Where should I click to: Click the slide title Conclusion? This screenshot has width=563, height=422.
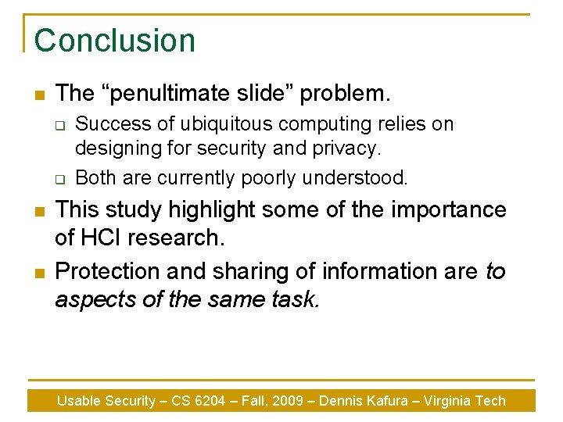click(114, 41)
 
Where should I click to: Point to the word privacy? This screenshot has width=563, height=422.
click(349, 147)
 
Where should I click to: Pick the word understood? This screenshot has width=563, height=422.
click(361, 178)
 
